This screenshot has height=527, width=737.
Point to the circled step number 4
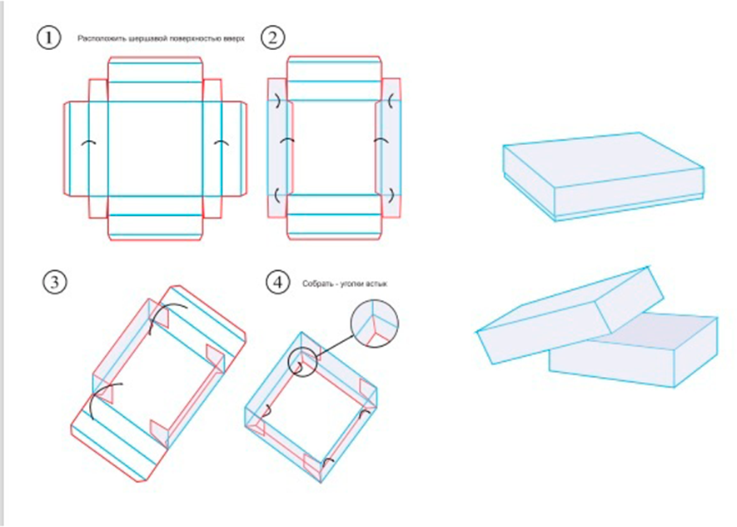click(x=276, y=282)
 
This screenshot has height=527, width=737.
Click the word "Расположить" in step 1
click(x=99, y=38)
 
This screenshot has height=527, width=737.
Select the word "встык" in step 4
click(x=377, y=284)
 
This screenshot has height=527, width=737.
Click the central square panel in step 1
click(x=156, y=148)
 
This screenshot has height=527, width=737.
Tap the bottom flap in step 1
click(x=156, y=218)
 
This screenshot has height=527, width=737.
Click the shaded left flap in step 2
click(x=278, y=148)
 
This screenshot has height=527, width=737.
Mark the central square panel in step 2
click(x=334, y=148)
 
